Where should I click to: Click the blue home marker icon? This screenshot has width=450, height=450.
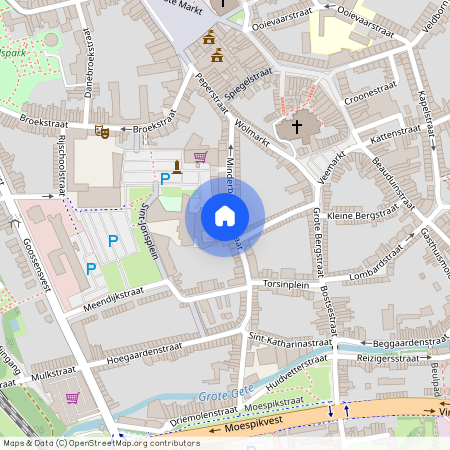(225, 216)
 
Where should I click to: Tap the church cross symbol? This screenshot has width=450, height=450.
(295, 128)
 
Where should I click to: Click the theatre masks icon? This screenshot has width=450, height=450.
(101, 131)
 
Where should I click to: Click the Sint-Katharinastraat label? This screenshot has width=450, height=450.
(289, 341)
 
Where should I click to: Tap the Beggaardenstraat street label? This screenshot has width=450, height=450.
(398, 341)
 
